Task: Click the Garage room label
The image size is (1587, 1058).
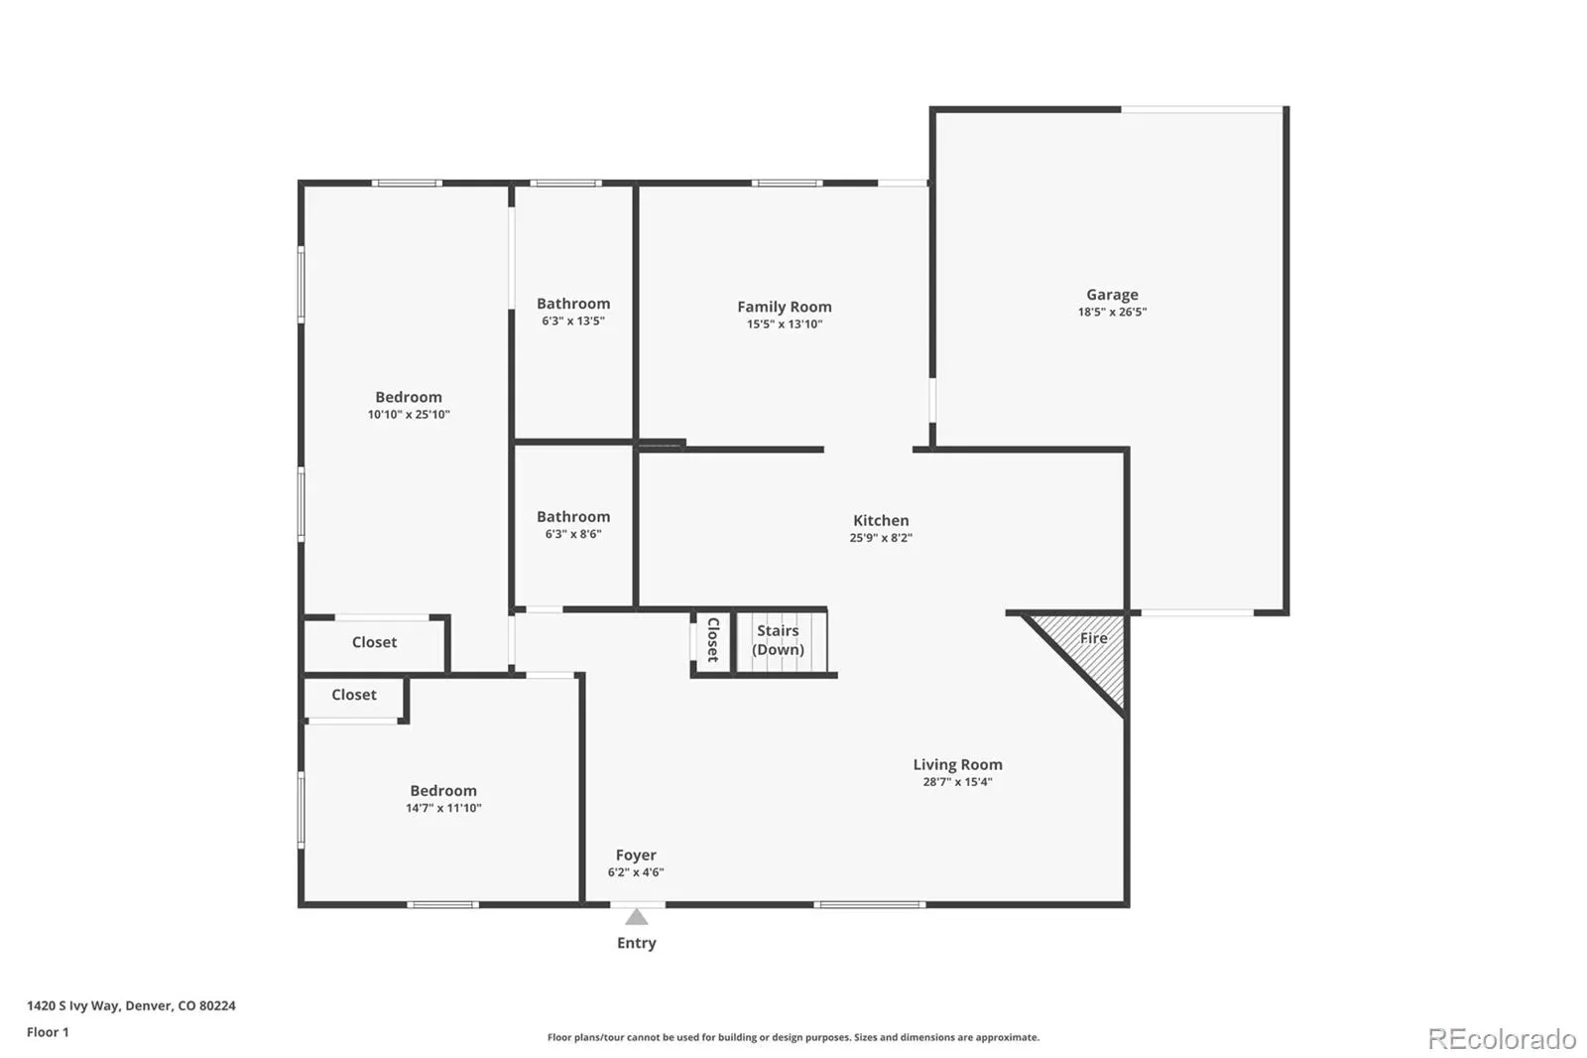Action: (x=1112, y=295)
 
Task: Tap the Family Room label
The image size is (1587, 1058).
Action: (x=785, y=307)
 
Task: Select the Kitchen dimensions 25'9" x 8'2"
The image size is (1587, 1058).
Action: (x=881, y=538)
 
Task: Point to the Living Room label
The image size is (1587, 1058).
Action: (x=957, y=764)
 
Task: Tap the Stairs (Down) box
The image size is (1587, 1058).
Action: (x=781, y=641)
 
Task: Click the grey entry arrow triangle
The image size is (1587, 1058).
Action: (x=636, y=917)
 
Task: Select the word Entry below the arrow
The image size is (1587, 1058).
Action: (x=636, y=943)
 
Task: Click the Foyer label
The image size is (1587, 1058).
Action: (x=636, y=856)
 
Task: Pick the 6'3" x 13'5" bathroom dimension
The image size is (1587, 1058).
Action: (x=573, y=322)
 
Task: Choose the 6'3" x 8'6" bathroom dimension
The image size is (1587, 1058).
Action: (x=573, y=534)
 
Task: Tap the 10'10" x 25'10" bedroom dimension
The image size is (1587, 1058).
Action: (x=409, y=415)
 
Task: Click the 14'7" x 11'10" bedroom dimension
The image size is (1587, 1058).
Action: (x=443, y=808)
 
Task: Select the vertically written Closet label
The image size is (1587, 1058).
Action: (x=713, y=639)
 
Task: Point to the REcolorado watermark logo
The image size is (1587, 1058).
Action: (x=1502, y=1039)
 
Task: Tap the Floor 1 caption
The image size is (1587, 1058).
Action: (x=49, y=1032)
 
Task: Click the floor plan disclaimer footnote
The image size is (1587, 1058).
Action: (x=793, y=1037)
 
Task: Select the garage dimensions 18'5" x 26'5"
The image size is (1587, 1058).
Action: (x=1112, y=312)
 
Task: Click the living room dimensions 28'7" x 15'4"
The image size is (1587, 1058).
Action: (x=957, y=782)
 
